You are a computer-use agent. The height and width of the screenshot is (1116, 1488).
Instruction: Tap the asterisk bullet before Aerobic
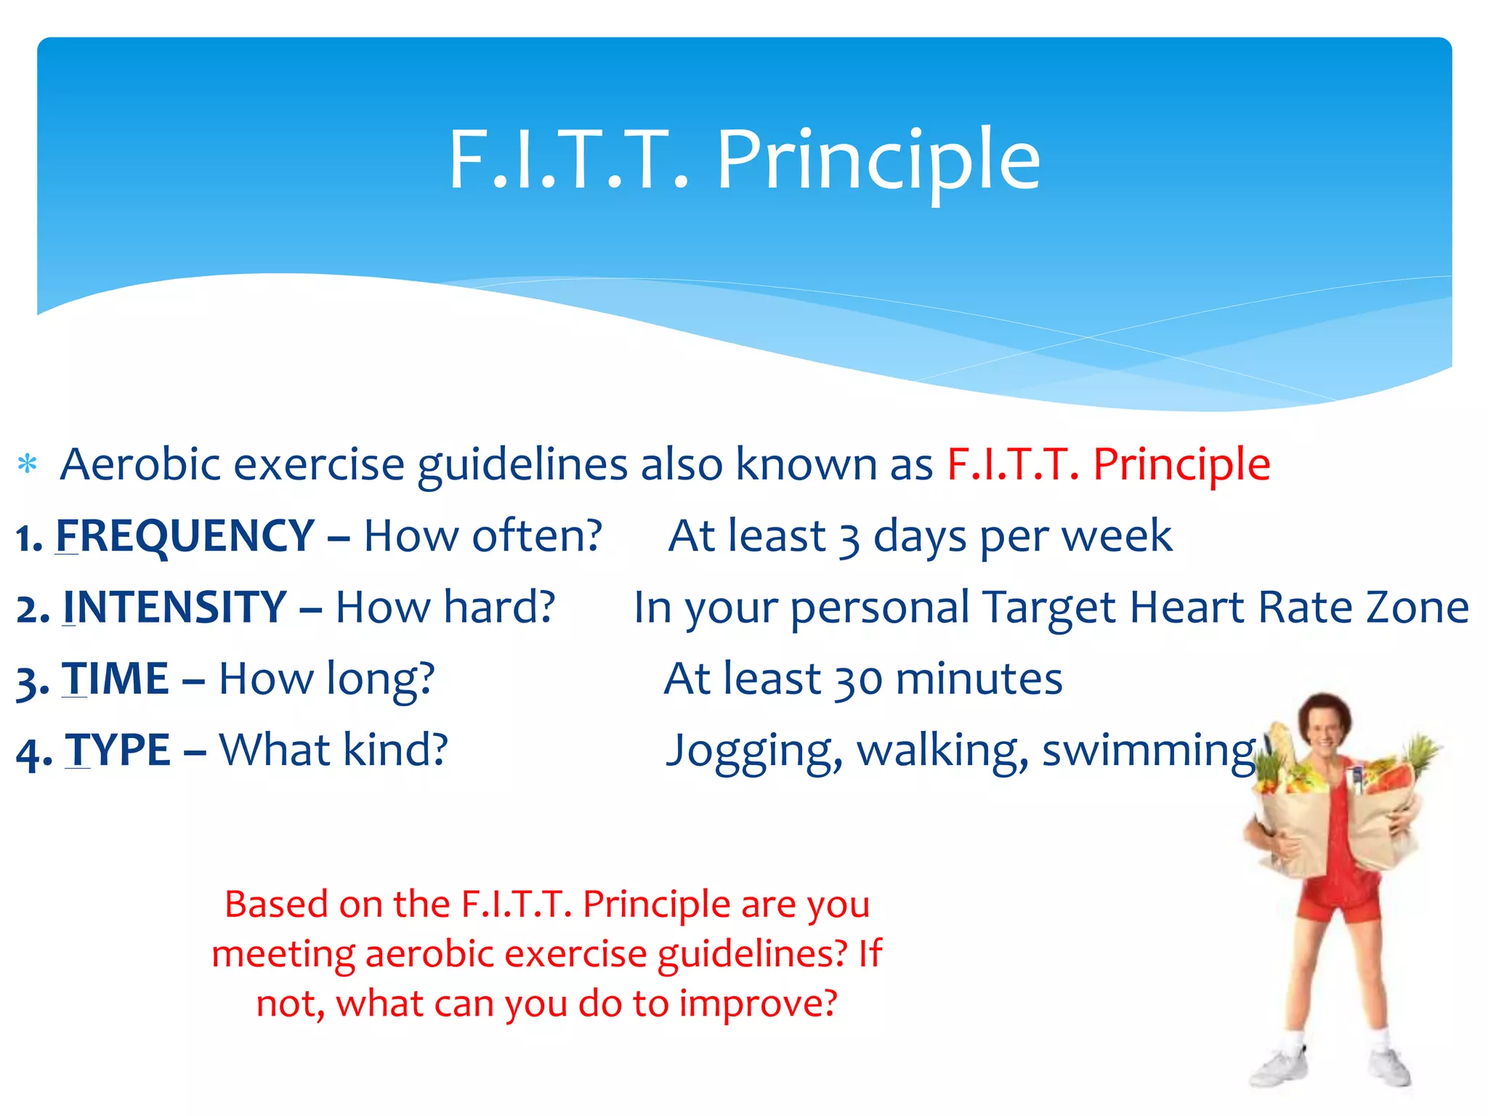point(28,464)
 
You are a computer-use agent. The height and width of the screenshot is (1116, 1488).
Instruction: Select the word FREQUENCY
point(185,536)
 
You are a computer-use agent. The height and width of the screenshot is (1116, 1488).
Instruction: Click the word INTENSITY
point(174,607)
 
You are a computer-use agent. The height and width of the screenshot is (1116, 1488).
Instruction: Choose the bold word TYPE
point(118,750)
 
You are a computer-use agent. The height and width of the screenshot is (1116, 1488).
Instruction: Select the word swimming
point(1149,751)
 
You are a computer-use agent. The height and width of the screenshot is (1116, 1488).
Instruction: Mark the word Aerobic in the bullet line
point(140,464)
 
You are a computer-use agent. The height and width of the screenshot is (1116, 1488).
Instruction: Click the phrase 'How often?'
point(482,536)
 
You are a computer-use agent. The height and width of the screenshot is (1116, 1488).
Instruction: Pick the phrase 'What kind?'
point(333,750)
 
